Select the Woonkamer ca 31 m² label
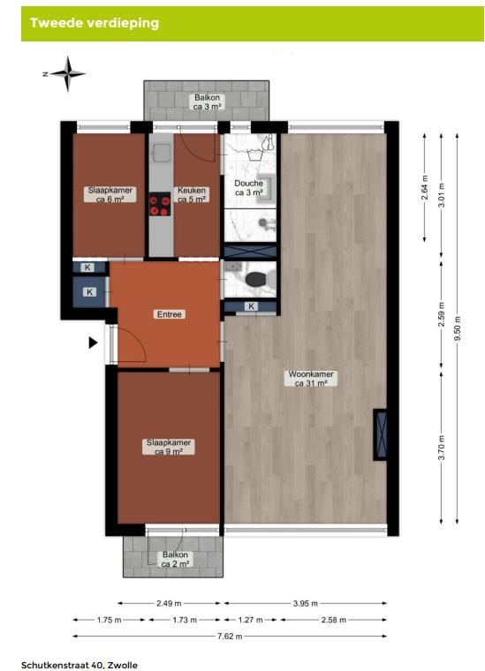[311, 379]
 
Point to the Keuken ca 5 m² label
[192, 194]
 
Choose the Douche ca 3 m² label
[248, 187]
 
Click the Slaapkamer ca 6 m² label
[110, 194]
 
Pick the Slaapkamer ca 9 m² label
[168, 447]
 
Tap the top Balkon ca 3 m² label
[208, 102]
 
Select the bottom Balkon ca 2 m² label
[174, 559]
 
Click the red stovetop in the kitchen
[160, 205]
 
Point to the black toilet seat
[257, 280]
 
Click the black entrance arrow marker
[94, 343]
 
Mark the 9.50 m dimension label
[457, 326]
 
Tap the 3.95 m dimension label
[305, 604]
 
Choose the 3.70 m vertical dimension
[441, 449]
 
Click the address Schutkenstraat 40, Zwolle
[80, 664]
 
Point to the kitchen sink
[161, 154]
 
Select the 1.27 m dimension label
[252, 620]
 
